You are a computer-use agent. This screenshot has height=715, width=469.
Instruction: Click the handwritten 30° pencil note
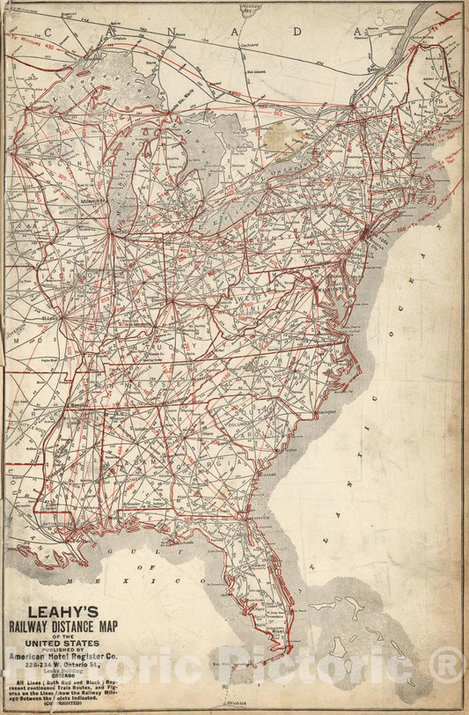386,15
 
